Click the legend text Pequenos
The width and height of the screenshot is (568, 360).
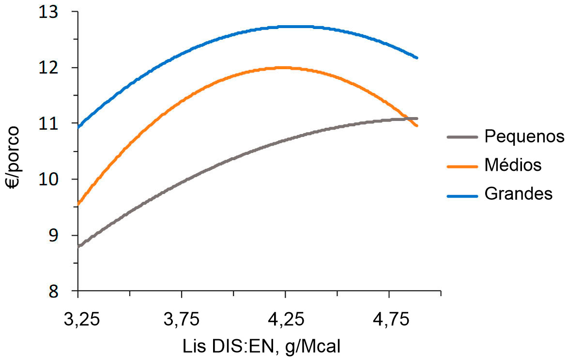pos(524,137)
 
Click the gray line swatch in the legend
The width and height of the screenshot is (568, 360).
pos(462,137)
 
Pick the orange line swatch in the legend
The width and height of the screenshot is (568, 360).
pos(462,165)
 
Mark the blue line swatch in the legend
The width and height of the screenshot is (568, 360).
pos(462,194)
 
